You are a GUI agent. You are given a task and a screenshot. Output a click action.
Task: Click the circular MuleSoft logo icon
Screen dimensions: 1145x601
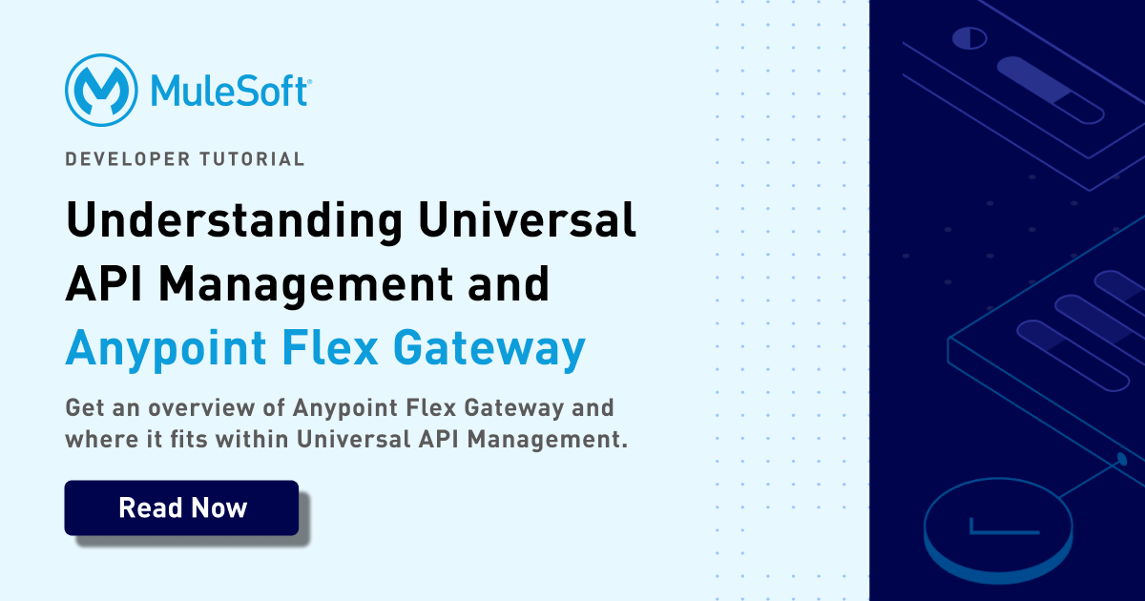101,90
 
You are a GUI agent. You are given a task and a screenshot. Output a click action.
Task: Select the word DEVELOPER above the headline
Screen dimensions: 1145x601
128,159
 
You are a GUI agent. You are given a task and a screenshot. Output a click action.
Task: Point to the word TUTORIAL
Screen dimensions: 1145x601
252,159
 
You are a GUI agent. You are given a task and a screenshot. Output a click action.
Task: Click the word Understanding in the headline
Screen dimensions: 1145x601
235,221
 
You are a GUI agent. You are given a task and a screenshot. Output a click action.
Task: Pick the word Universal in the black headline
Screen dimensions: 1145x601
527,219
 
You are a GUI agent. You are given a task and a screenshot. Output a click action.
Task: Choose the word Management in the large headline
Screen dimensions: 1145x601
306,284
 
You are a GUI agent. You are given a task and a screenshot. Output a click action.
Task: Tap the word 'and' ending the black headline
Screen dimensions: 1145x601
509,283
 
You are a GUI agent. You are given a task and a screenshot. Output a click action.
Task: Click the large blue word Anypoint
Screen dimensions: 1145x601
166,349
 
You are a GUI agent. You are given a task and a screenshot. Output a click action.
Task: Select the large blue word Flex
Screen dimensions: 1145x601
330,347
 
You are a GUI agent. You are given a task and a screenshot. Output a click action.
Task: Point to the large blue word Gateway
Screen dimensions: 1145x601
489,349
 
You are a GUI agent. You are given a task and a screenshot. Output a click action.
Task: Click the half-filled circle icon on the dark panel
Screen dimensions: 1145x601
969,38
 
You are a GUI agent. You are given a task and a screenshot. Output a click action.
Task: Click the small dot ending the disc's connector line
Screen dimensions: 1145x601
1122,459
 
